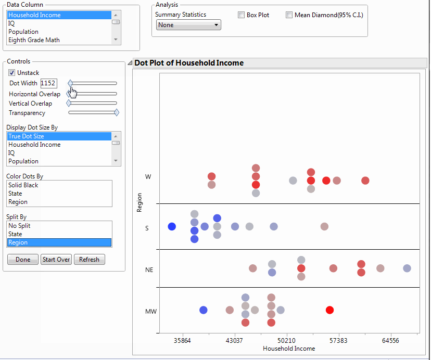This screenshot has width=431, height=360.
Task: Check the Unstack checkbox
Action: [x=12, y=73]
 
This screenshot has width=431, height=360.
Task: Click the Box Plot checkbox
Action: [x=241, y=15]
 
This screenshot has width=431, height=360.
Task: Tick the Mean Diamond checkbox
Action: [x=289, y=15]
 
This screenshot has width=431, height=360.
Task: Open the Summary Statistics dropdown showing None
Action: [x=188, y=25]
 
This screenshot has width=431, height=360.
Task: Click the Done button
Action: [x=23, y=260]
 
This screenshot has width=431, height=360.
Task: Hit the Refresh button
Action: [x=89, y=260]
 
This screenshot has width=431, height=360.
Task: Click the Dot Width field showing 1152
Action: [x=48, y=83]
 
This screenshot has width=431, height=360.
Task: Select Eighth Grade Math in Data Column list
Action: [x=34, y=40]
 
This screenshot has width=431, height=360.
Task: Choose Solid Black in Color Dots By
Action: [x=23, y=185]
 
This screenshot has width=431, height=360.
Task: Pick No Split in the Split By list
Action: [x=19, y=226]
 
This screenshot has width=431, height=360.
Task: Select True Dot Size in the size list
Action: [x=26, y=136]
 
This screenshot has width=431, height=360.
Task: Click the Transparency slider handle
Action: [x=117, y=112]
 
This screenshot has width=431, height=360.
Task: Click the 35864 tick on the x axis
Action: [x=182, y=340]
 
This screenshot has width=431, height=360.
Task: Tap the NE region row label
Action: [x=149, y=270]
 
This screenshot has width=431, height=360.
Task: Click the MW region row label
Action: [x=150, y=312]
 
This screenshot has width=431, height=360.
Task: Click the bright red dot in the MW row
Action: [x=329, y=310]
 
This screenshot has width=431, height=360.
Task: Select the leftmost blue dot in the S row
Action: [x=172, y=226]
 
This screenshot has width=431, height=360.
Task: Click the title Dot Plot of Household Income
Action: [x=189, y=63]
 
